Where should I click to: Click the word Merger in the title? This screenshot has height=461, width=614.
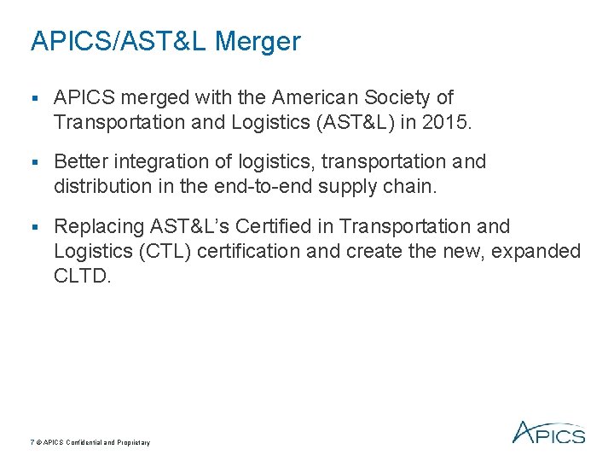click(x=259, y=41)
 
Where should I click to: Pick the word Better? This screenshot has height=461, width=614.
click(x=78, y=161)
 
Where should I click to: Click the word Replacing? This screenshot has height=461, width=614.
click(x=98, y=226)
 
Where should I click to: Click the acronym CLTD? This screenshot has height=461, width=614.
click(x=81, y=276)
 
